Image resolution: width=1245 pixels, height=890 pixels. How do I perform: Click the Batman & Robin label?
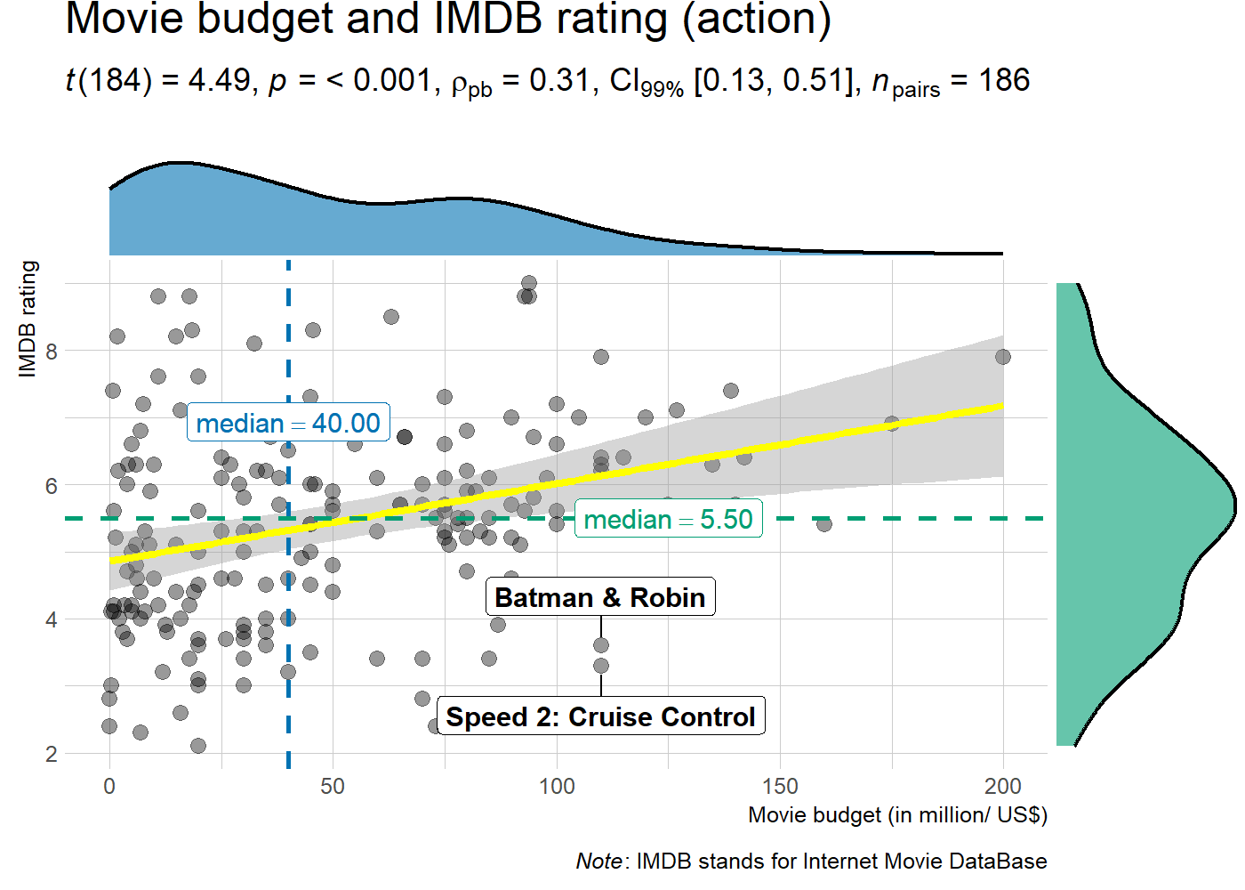[x=600, y=597]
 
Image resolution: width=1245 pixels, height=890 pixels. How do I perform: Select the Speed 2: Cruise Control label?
[x=600, y=716]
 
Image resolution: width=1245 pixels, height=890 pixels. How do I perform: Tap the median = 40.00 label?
[x=288, y=423]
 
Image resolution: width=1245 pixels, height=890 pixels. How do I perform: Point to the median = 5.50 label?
[x=668, y=519]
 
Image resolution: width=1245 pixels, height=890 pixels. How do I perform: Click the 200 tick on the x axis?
[x=1003, y=787]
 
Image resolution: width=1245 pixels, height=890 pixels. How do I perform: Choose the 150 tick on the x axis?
[x=780, y=787]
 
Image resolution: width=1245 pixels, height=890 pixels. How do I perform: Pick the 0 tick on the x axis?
[x=109, y=787]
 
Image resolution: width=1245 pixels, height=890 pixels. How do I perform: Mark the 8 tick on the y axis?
[x=52, y=352]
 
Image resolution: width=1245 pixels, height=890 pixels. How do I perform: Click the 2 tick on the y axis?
[x=52, y=754]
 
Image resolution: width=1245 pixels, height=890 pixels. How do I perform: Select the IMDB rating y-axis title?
[x=28, y=319]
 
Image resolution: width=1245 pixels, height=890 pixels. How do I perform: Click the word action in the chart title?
[x=756, y=20]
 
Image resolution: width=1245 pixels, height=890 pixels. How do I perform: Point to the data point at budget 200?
[x=1003, y=357]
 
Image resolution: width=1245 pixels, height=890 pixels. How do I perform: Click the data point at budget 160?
[x=824, y=524]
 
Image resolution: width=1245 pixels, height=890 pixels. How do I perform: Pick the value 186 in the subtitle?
[x=1004, y=81]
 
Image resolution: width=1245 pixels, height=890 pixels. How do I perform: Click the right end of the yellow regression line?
[x=1001, y=406]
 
